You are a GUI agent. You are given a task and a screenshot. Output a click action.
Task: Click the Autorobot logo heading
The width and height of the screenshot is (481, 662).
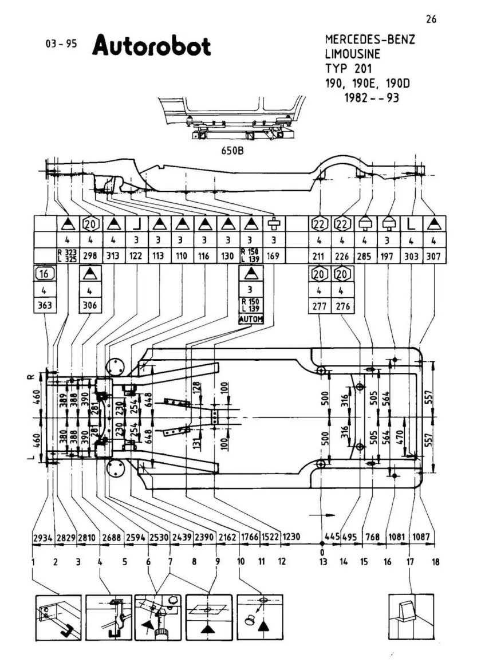(x=151, y=45)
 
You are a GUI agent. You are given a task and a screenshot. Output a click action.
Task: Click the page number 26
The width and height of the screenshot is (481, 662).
(x=431, y=19)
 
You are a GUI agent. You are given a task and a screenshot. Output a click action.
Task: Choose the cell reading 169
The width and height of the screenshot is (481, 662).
(x=272, y=257)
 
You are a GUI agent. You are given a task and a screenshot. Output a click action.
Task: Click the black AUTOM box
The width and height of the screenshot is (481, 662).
(x=251, y=320)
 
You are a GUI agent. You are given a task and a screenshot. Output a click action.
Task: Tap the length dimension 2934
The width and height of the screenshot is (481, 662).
(x=43, y=538)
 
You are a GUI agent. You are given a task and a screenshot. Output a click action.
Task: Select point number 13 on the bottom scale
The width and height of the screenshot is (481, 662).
(x=322, y=562)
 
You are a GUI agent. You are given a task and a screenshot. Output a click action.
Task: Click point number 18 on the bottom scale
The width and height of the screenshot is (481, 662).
(x=433, y=562)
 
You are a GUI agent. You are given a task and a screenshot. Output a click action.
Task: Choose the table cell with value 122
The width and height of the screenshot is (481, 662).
(x=137, y=257)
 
